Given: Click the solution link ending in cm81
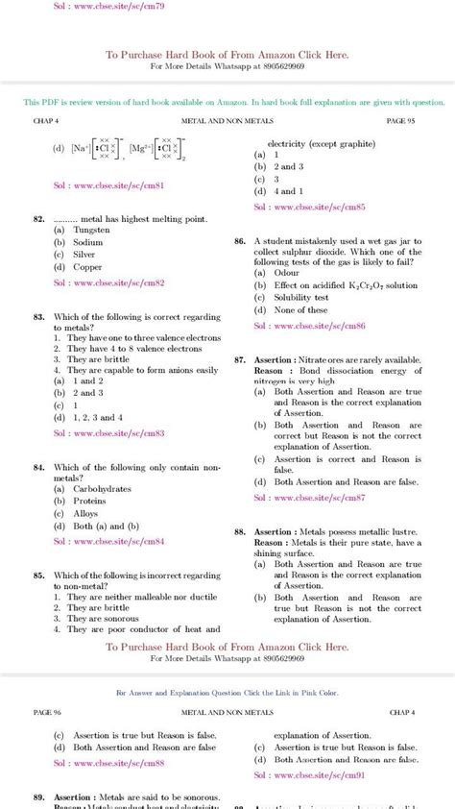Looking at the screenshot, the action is pyautogui.click(x=108, y=184).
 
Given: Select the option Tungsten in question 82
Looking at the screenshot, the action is pyautogui.click(x=92, y=231).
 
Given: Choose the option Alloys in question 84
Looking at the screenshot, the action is pyautogui.click(x=87, y=513).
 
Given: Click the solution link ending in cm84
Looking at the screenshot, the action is pyautogui.click(x=108, y=541).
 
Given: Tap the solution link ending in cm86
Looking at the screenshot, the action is pyautogui.click(x=309, y=326).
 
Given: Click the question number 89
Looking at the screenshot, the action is pyautogui.click(x=39, y=797).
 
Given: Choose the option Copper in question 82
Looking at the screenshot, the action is pyautogui.click(x=88, y=268).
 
